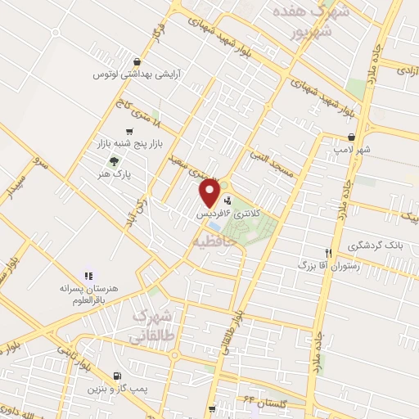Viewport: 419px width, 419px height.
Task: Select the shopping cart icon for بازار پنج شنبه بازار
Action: tap(129, 132)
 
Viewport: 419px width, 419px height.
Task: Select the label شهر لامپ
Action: tap(351, 151)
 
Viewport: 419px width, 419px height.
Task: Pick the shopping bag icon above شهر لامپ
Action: tap(351, 137)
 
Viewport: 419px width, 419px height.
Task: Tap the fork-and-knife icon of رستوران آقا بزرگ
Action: tap(328, 253)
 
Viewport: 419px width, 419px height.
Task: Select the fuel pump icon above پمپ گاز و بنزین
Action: tap(114, 377)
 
